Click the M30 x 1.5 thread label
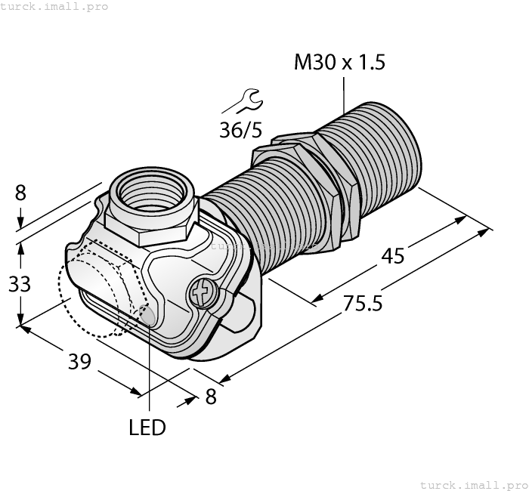(x=339, y=62)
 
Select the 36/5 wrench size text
(x=240, y=129)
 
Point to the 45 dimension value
(x=392, y=256)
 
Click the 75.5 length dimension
(x=362, y=303)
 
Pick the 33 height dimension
(x=20, y=284)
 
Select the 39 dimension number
(x=79, y=361)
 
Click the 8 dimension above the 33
(x=20, y=193)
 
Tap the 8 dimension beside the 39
(x=211, y=396)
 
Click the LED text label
(x=147, y=428)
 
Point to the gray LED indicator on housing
(x=149, y=317)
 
